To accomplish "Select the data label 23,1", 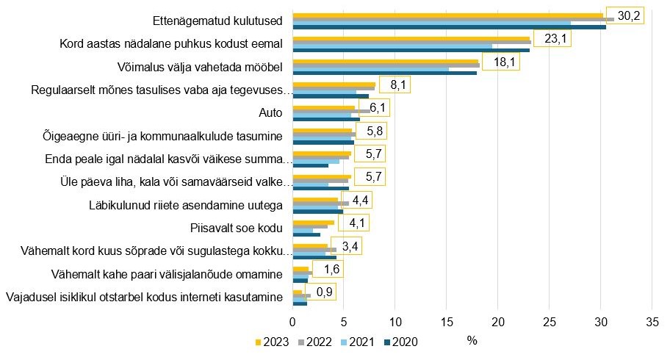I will (x=553, y=39).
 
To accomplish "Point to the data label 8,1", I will (x=399, y=86).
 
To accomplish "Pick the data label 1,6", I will (x=333, y=271).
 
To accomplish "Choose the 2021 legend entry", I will (x=360, y=342).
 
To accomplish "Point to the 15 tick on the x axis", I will (x=447, y=322).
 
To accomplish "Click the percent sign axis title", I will (x=472, y=340).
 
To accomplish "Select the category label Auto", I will (x=271, y=113).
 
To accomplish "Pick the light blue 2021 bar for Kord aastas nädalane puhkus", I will (x=393, y=46).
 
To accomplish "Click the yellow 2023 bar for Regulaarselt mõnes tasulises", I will (x=334, y=85).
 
